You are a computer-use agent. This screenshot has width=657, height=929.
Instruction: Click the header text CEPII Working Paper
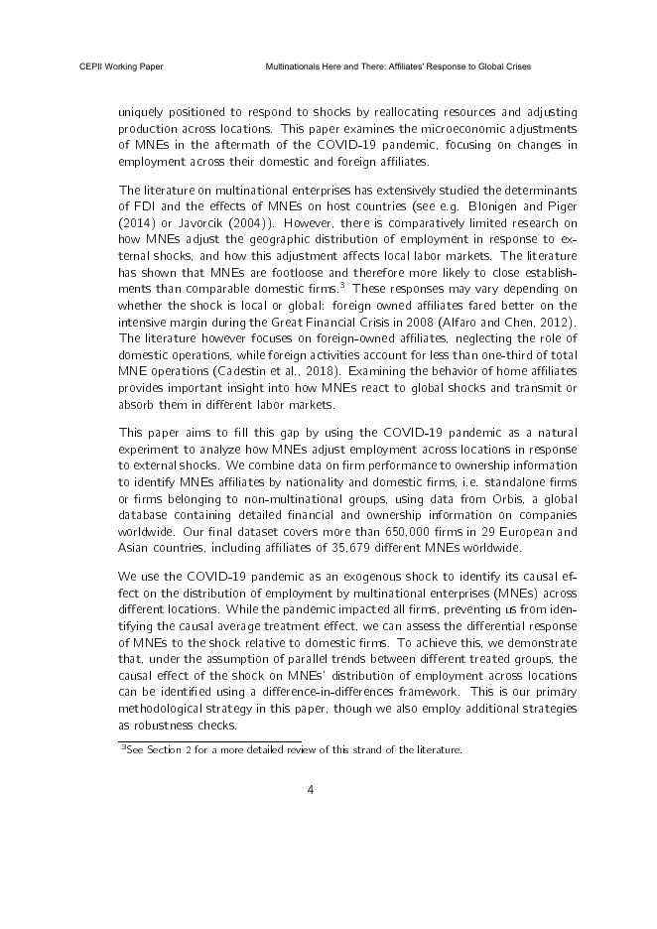(x=121, y=66)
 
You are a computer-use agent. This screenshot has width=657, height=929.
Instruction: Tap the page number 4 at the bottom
(x=311, y=790)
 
